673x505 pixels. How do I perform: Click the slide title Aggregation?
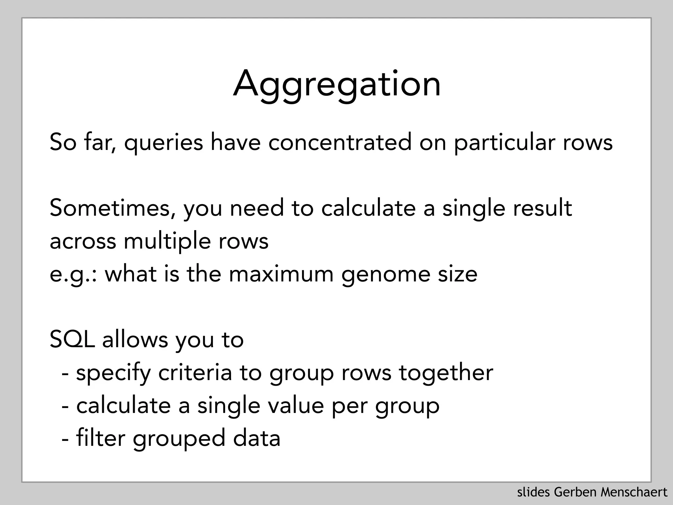point(336,84)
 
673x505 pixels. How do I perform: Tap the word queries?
point(163,143)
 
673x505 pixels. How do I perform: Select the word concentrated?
point(340,142)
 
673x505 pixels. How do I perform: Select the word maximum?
point(281,274)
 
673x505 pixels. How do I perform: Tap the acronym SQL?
point(72,340)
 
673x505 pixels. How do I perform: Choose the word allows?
point(135,340)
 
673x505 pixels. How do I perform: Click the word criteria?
point(195,373)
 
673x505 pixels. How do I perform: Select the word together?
point(446,373)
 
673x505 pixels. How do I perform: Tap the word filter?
point(101,438)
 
